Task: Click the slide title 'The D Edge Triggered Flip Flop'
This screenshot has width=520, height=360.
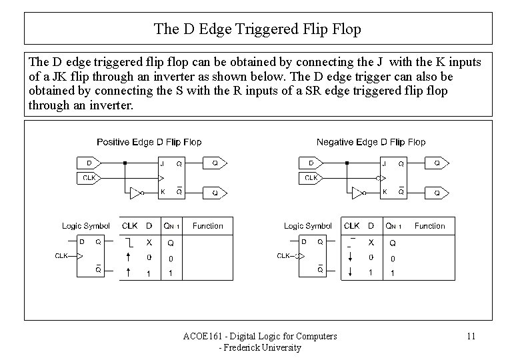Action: coord(257,29)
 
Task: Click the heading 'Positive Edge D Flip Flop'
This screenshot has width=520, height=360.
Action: coord(149,142)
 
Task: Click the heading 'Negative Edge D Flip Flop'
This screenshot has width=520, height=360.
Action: coord(371,142)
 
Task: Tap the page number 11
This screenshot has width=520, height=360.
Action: coord(471,336)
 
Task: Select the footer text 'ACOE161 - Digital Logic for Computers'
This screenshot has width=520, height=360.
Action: coord(260,336)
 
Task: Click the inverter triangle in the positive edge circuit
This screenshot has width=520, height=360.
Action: coord(135,193)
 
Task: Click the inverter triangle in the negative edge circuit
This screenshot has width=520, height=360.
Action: coord(357,193)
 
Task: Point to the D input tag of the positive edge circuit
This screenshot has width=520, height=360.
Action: coord(88,163)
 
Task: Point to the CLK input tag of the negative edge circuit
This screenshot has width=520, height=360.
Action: coord(310,177)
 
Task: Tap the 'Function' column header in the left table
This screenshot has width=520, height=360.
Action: coord(207,226)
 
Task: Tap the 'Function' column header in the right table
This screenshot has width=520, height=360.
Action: coord(429,226)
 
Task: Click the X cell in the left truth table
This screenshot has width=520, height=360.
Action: coord(149,243)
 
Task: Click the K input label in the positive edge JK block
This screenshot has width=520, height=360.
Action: coord(161,193)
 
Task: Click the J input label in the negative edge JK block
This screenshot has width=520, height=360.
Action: coord(383,163)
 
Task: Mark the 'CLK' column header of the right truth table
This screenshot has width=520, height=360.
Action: coord(351,226)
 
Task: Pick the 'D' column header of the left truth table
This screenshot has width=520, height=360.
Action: coord(149,226)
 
